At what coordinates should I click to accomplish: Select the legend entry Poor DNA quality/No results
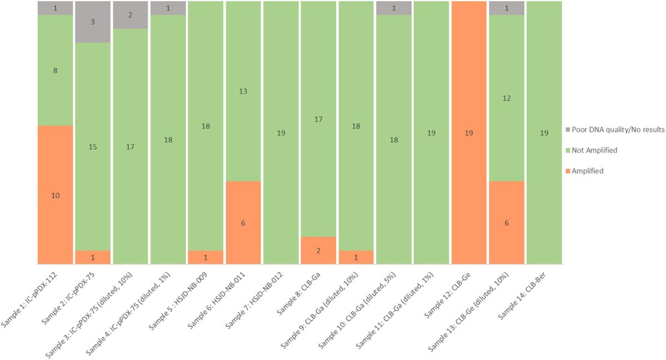pos(617,129)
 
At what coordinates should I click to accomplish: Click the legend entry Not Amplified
pos(597,150)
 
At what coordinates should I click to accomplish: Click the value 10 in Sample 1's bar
pos(56,196)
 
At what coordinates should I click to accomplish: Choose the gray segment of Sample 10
pos(394,8)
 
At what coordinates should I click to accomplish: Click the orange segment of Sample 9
pos(356,257)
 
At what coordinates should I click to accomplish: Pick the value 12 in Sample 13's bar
pos(507,98)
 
